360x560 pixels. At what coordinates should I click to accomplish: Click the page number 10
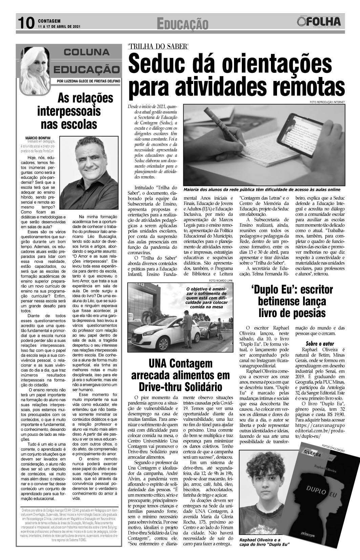(x=25, y=23)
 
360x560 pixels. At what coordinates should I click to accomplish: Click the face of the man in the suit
(x=87, y=159)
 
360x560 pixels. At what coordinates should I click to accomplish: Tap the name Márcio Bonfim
(x=37, y=138)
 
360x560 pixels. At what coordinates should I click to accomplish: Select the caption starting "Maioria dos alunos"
(x=261, y=190)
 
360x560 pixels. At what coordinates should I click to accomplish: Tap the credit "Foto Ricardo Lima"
(x=221, y=281)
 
